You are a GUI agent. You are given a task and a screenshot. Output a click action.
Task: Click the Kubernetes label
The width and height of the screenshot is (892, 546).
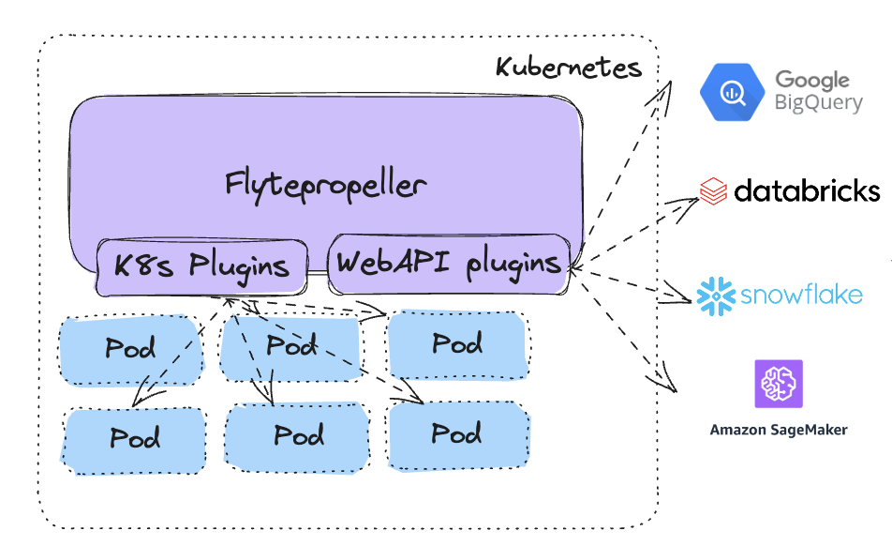point(568,68)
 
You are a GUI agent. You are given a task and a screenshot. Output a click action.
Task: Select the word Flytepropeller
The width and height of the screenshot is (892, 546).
point(325,184)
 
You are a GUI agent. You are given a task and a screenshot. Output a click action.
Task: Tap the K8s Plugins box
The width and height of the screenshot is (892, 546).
point(201,265)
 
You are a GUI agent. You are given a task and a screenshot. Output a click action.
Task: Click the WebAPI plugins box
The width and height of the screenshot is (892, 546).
point(448,262)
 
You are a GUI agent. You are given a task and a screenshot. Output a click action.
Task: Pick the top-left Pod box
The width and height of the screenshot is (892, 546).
point(130,350)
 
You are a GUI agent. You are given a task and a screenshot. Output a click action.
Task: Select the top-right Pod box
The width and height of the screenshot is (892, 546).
point(456,344)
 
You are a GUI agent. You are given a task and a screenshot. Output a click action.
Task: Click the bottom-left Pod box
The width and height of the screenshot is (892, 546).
point(134,439)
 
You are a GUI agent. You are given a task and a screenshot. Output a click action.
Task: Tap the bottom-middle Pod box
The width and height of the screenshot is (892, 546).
point(298,436)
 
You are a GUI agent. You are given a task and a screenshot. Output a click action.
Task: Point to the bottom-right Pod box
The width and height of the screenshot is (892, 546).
point(456,434)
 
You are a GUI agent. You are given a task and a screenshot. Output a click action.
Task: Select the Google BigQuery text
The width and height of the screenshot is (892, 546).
point(817,92)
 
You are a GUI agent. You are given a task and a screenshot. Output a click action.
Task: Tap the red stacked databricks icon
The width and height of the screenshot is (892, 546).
point(714,191)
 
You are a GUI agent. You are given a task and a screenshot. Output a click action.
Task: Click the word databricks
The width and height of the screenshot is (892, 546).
point(807,191)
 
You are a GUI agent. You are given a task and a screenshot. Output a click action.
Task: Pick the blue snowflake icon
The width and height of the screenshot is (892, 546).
point(715,296)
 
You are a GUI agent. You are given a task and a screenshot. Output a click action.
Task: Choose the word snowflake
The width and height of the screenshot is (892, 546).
point(801,296)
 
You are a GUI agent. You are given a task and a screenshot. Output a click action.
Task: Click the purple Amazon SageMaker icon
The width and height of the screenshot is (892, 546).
point(778,384)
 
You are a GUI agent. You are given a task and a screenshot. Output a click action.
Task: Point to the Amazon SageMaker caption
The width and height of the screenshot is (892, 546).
point(778,431)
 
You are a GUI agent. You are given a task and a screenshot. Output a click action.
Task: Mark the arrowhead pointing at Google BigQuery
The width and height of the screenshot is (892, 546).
point(670,87)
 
